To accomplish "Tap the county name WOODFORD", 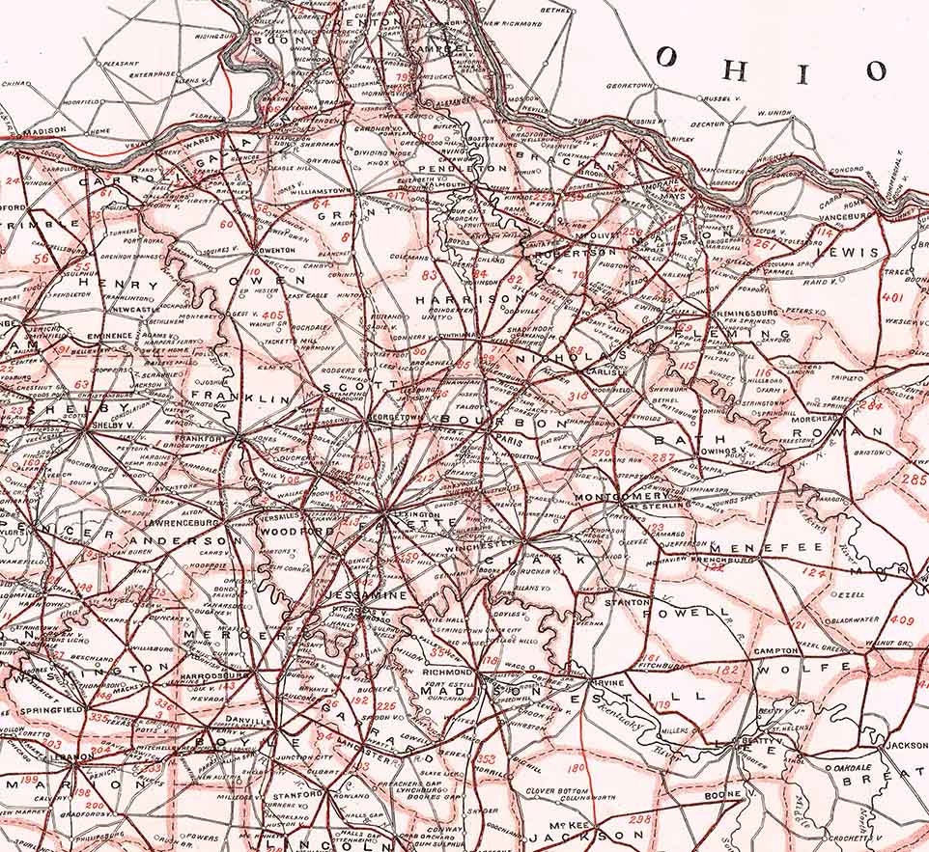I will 296,531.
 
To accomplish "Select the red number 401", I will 892,298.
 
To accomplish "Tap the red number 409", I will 902,620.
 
